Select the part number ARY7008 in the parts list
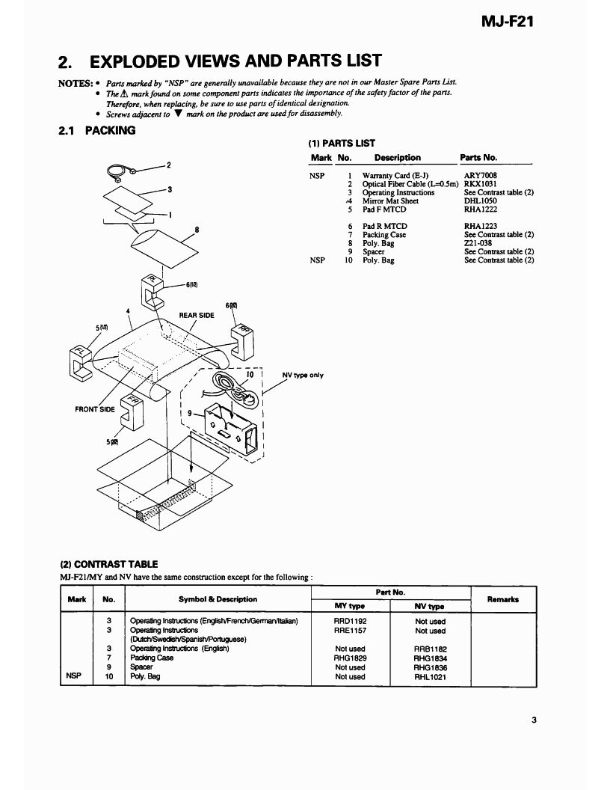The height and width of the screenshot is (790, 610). (481, 176)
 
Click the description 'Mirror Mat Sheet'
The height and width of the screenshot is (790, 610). (390, 200)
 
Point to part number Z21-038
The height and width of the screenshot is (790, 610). (478, 243)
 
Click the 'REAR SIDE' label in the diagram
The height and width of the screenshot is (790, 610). (197, 315)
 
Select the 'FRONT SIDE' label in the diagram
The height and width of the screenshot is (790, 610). (95, 409)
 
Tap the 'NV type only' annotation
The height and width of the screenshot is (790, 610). (302, 375)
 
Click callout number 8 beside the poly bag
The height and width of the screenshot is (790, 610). (196, 230)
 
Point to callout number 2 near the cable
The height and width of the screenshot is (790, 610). (169, 165)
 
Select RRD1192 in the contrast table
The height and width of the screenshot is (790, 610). (350, 621)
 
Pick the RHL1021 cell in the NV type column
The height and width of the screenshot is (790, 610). (429, 676)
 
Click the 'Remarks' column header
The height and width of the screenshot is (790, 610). (503, 599)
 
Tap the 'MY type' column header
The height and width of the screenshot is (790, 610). (350, 606)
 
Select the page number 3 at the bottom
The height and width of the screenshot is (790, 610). (534, 720)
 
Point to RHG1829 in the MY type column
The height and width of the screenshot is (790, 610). (350, 658)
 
